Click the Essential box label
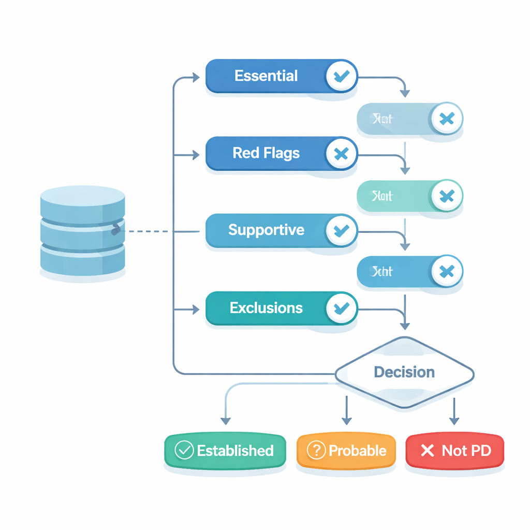(266, 76)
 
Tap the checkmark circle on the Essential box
(341, 77)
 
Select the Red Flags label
(266, 153)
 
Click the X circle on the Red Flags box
(341, 153)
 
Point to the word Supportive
(266, 230)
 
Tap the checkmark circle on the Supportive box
(341, 230)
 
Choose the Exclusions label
(266, 308)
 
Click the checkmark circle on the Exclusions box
(341, 308)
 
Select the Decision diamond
(404, 372)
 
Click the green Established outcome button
(225, 450)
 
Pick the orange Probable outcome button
(346, 450)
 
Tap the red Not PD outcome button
(454, 450)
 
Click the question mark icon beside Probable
(316, 450)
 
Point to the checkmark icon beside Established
(184, 450)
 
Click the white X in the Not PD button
(428, 450)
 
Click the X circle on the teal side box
(446, 196)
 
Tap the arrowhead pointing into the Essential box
(196, 78)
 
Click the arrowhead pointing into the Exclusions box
(196, 310)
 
